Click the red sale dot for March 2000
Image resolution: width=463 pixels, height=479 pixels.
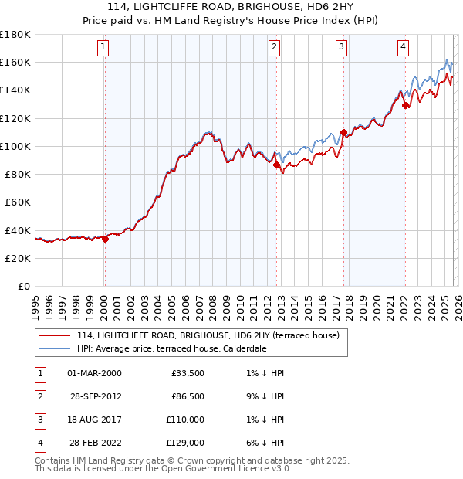point(105,239)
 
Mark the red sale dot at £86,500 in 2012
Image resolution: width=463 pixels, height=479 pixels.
point(276,165)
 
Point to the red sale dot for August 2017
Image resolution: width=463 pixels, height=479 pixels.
point(343,132)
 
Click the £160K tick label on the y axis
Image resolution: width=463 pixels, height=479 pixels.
point(15,62)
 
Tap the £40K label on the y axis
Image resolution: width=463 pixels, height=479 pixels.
point(18,230)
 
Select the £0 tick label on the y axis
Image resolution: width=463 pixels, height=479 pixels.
point(23,286)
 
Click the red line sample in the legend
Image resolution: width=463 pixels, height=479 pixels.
point(54,336)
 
